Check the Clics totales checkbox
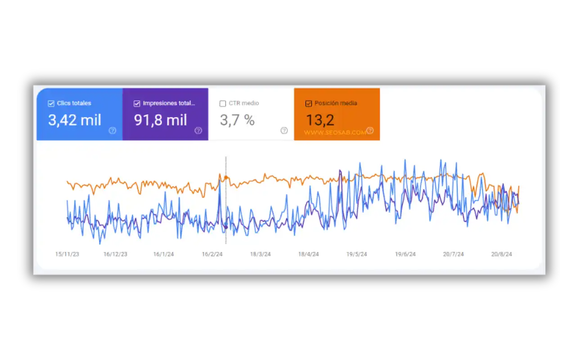coord(51,103)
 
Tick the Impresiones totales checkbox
coord(137,103)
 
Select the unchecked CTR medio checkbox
coord(223,103)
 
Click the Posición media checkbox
coord(308,103)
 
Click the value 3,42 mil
coord(75,120)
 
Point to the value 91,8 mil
coord(161,120)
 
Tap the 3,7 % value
coord(237,120)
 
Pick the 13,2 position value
coord(320,120)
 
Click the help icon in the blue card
coord(112,130)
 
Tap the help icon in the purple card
coord(198,130)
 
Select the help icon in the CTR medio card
coord(284,130)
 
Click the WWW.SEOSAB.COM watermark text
coord(335,133)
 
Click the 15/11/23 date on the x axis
coord(67,254)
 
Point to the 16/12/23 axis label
coord(115,254)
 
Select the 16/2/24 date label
coord(212,254)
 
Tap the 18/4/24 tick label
coord(308,254)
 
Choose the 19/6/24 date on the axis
coord(405,254)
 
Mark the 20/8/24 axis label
coord(502,254)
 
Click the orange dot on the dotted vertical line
coord(226,178)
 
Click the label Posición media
coord(336,103)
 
